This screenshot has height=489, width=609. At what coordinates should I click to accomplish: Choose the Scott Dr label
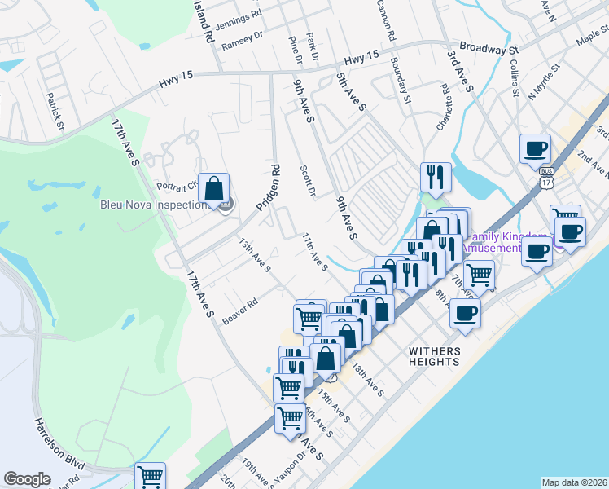tap(307, 181)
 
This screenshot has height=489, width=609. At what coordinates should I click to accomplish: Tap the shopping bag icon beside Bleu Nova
tap(213, 189)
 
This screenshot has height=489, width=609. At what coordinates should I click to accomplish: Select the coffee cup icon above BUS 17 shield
tap(536, 148)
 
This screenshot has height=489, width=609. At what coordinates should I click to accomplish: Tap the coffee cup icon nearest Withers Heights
tap(465, 313)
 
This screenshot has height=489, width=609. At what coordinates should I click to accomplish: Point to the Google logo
tap(27, 479)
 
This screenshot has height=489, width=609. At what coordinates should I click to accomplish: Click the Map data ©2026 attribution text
tap(575, 482)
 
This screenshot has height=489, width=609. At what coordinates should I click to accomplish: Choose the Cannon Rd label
tap(385, 20)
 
